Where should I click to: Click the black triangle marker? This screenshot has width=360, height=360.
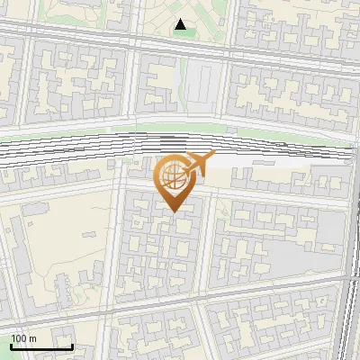[183, 25]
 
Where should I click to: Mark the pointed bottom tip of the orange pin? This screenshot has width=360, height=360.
[175, 211]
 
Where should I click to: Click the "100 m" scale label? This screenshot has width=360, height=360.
[23, 338]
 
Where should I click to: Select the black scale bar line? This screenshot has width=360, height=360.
[41, 346]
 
